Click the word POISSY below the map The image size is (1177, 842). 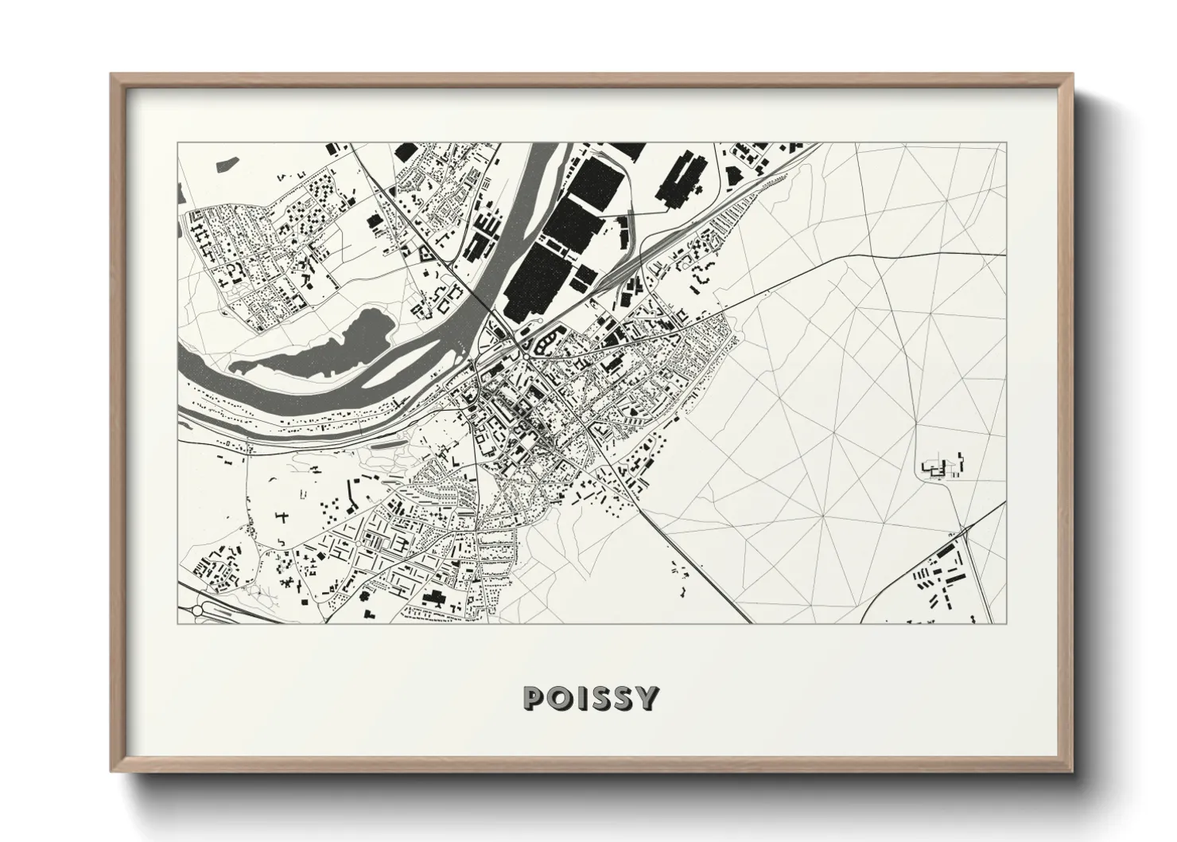point(590,698)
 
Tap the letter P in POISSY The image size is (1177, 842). point(534,698)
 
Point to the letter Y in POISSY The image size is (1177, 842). point(648,698)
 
